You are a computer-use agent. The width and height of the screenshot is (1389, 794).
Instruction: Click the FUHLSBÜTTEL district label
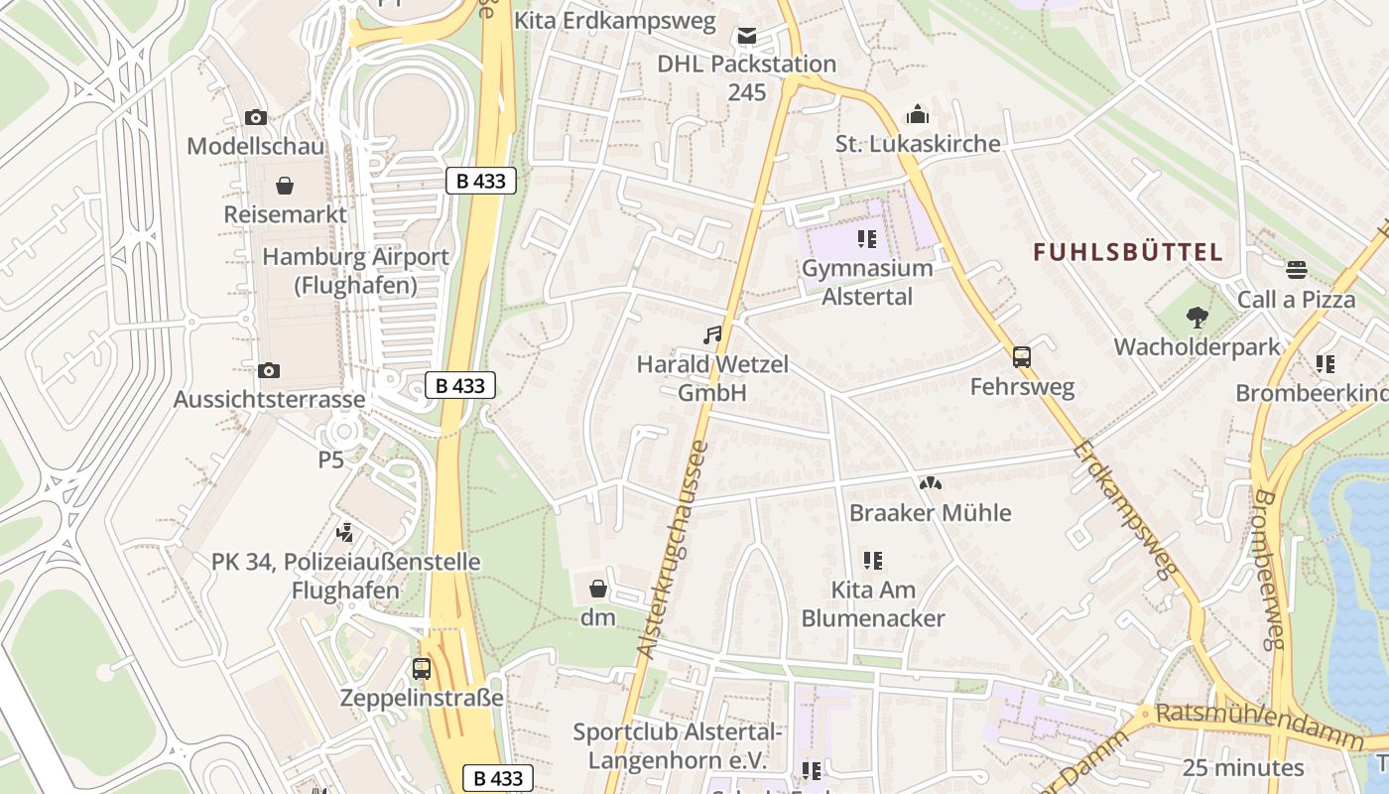click(1128, 252)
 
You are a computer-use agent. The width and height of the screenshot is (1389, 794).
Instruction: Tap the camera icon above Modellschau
click(256, 117)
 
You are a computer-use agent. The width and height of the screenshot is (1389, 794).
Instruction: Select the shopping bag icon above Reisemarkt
click(285, 186)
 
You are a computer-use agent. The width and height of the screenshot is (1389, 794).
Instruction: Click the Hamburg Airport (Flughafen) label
click(355, 271)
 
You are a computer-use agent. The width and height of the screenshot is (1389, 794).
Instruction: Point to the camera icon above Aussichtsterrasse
click(269, 370)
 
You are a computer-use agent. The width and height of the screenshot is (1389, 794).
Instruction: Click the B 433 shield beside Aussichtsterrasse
click(460, 385)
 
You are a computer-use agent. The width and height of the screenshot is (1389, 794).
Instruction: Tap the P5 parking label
click(330, 460)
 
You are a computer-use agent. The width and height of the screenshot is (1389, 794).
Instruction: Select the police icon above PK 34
click(345, 533)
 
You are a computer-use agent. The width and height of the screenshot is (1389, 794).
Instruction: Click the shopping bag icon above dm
click(598, 589)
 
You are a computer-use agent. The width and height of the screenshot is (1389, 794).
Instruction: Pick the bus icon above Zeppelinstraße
click(422, 668)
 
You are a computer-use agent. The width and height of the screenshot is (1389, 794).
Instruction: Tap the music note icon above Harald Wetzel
click(712, 335)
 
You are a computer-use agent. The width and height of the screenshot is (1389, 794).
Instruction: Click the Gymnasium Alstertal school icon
click(867, 239)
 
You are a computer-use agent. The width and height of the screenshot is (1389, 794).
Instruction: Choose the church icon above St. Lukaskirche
click(918, 114)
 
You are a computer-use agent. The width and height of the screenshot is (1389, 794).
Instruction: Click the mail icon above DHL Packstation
click(746, 37)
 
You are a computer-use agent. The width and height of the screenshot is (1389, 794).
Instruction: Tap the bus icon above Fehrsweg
click(1022, 357)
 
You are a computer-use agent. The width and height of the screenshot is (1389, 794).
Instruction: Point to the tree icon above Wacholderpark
click(1198, 318)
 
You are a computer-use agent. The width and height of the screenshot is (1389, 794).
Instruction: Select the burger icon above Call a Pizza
click(1296, 270)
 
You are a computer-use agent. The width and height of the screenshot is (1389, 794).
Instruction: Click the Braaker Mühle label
click(930, 513)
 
